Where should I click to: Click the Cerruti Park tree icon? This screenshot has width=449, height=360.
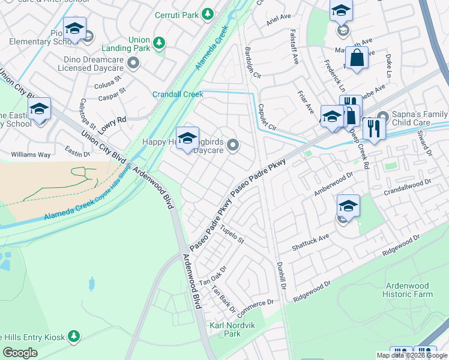coord(208,13)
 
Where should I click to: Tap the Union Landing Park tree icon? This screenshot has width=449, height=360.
coord(158,42)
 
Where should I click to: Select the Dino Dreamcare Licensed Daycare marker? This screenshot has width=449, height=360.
coord(133,62)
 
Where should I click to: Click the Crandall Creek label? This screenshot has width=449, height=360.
coord(178,94)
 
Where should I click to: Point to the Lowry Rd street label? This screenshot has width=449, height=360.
coord(113,120)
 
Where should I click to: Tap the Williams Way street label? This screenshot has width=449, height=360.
coord(31,154)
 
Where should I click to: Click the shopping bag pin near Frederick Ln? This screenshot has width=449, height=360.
coord(357,59)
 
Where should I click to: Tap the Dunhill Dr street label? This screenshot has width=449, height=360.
coord(280,277)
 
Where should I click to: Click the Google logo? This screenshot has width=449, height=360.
coord(20,352)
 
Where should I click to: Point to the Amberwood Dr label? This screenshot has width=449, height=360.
coord(334,185)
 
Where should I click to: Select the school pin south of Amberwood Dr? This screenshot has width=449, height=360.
coord(348,207)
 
